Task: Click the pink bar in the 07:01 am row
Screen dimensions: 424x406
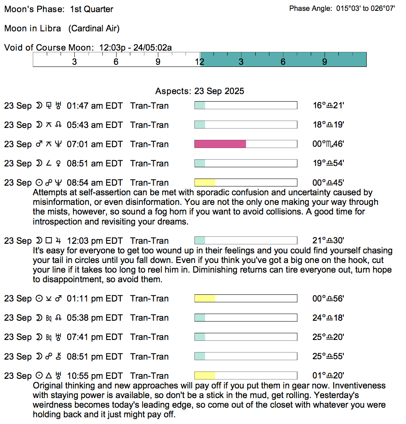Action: (x=220, y=144)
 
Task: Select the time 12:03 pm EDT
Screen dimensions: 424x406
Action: (x=101, y=241)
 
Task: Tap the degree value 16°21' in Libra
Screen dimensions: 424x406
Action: (x=328, y=106)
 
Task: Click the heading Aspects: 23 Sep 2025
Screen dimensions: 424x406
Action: (x=200, y=91)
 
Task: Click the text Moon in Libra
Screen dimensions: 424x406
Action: (x=33, y=28)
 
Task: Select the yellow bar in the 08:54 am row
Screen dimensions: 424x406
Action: (x=205, y=183)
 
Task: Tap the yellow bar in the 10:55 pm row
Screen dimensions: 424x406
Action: (x=205, y=376)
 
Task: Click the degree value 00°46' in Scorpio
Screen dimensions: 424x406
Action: (x=328, y=144)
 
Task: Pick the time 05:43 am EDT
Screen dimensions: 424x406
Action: (x=101, y=125)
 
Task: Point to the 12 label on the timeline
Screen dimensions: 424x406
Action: (x=200, y=62)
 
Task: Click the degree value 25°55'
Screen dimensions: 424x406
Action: (x=328, y=357)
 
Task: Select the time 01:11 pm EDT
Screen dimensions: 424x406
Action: (x=101, y=299)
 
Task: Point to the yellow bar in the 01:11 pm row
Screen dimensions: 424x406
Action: (x=205, y=299)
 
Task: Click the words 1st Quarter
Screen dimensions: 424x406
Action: (x=91, y=9)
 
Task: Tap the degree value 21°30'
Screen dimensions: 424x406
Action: (x=328, y=241)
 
